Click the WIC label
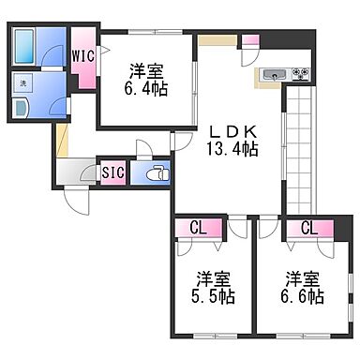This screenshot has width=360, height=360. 82,54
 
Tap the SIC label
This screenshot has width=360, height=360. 112,172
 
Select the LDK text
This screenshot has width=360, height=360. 232,130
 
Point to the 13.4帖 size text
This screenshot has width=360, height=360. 232,147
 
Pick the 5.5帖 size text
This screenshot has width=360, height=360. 216,296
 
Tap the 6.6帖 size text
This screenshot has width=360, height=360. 306,296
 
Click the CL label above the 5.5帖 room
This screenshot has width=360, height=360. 198,226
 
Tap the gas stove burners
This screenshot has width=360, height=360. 300,72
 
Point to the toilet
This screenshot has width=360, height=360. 156,172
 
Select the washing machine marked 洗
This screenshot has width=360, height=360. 23,82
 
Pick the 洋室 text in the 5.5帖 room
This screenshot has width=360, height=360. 216,278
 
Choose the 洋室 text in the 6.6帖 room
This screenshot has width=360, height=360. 306,278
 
